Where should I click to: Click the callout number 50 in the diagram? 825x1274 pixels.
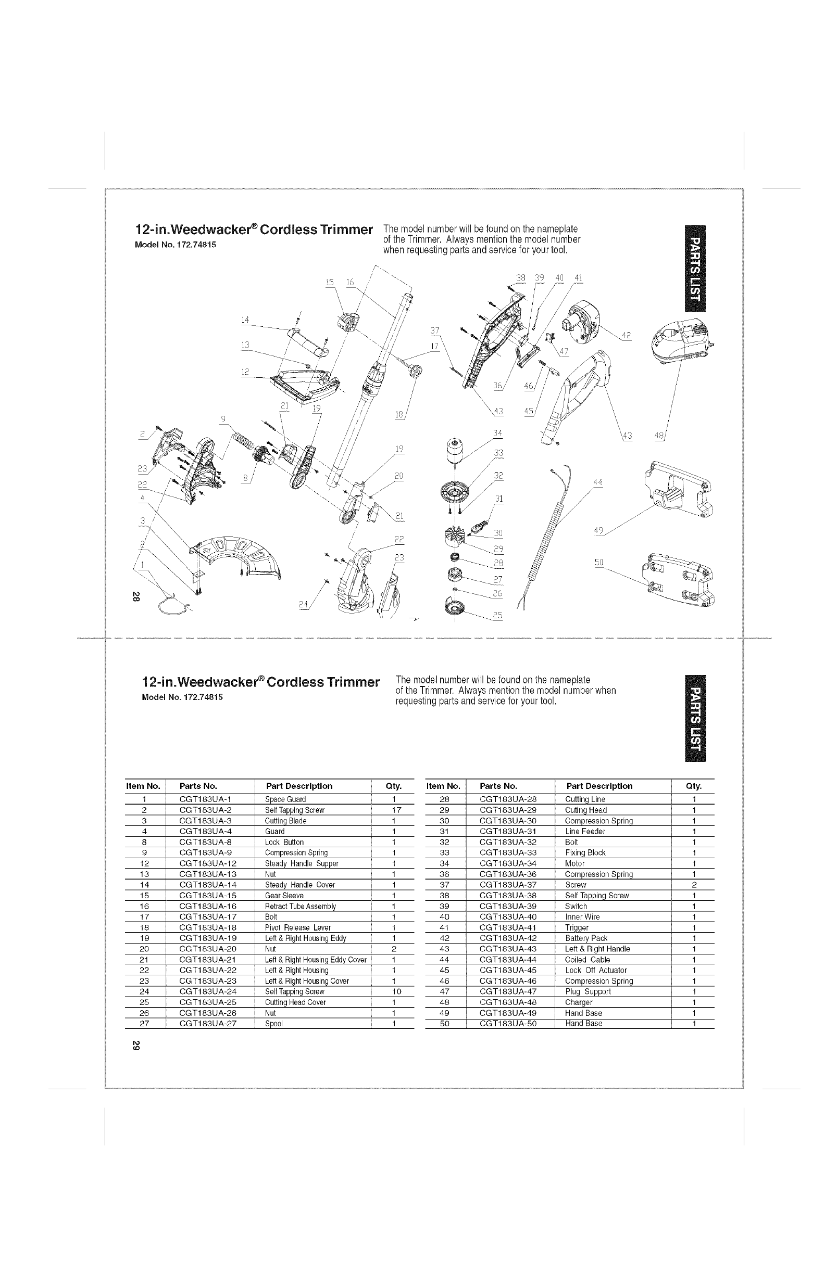point(599,562)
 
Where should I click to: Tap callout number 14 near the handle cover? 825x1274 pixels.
point(245,320)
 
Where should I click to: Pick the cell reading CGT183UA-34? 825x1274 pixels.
point(508,863)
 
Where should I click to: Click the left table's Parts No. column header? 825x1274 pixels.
point(198,786)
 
